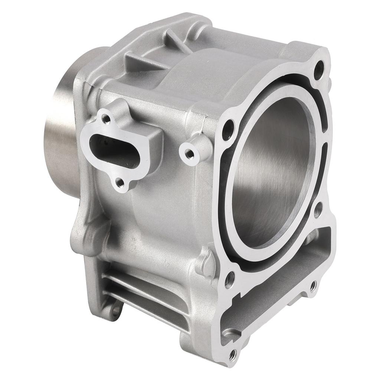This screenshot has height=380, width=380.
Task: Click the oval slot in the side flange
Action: coord(108,148)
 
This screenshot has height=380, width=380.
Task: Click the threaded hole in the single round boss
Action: coord(189,152)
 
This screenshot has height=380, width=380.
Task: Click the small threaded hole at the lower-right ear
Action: coord(313,285)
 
